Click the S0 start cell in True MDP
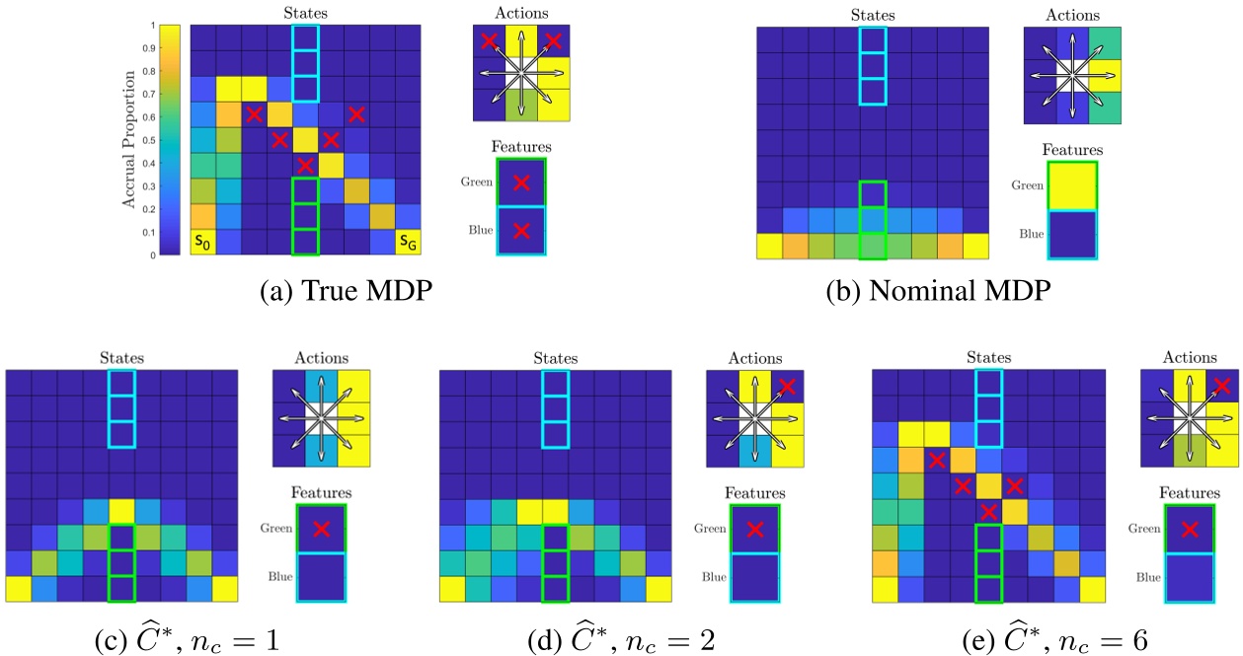tap(203, 243)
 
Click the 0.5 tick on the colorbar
tap(150, 140)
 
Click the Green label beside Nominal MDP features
tap(1006, 183)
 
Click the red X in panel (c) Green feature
tap(319, 529)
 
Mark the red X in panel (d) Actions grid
tap(786, 386)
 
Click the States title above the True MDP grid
tap(305, 12)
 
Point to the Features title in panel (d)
tap(754, 492)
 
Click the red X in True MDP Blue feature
tap(521, 232)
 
